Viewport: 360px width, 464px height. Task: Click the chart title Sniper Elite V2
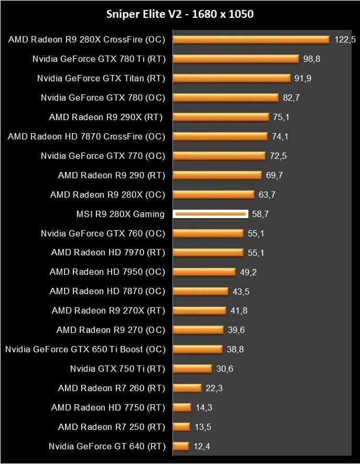click(180, 14)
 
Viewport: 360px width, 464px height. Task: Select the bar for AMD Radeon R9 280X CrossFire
click(250, 39)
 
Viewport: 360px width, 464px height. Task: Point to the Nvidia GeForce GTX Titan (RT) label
click(101, 78)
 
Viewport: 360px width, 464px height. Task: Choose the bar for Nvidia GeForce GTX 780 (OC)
click(225, 98)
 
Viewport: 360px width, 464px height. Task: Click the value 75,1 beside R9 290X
click(281, 117)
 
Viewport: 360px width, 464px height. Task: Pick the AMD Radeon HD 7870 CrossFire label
click(86, 136)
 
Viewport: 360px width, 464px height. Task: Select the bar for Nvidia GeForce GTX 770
click(219, 156)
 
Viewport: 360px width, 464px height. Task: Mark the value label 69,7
click(270, 175)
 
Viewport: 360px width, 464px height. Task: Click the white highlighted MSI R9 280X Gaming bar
click(210, 214)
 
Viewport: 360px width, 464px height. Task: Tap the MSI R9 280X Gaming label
click(121, 214)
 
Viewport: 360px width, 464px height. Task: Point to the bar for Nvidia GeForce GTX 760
click(208, 233)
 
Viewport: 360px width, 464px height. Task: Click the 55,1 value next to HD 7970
click(256, 253)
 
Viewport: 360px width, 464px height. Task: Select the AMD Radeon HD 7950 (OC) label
click(107, 272)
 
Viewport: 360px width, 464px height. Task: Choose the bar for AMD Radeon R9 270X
click(200, 310)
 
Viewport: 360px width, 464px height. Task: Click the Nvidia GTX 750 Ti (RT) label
click(117, 369)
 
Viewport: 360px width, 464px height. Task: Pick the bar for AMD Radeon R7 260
click(187, 388)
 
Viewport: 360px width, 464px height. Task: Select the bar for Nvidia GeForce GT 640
click(181, 446)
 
